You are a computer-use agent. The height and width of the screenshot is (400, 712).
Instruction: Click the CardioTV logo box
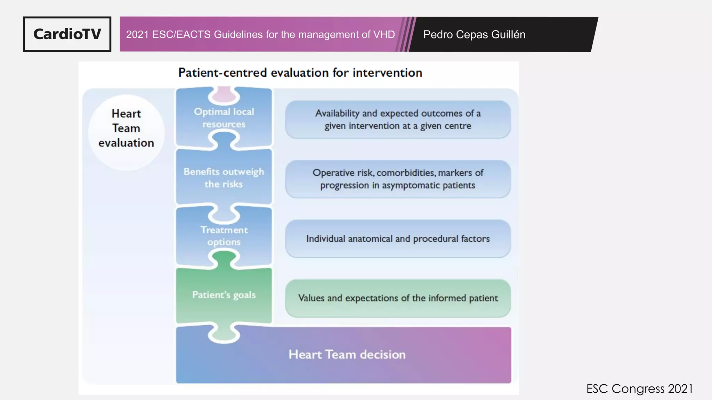pyautogui.click(x=67, y=34)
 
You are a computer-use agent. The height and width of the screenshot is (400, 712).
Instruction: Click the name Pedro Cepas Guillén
pyautogui.click(x=474, y=34)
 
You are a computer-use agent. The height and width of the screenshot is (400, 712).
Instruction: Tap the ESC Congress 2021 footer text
pyautogui.click(x=639, y=389)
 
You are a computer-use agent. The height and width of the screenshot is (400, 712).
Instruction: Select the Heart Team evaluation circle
pyautogui.click(x=126, y=132)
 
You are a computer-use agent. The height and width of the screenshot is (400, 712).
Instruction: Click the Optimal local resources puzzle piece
pyautogui.click(x=224, y=118)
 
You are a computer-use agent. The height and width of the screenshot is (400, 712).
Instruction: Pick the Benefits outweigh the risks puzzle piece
pyautogui.click(x=224, y=177)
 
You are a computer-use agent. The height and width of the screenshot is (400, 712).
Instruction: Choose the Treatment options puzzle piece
pyautogui.click(x=224, y=236)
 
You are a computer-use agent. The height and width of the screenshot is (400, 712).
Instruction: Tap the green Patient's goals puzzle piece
pyautogui.click(x=224, y=295)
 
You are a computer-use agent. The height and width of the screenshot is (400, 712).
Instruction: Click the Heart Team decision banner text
pyautogui.click(x=347, y=355)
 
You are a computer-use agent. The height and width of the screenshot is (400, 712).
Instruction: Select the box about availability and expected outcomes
pyautogui.click(x=398, y=119)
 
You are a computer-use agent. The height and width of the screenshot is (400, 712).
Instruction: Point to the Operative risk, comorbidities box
pyautogui.click(x=398, y=179)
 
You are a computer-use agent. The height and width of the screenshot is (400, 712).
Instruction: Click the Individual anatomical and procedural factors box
pyautogui.click(x=398, y=239)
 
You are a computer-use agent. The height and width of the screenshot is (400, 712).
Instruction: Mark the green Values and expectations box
pyautogui.click(x=398, y=298)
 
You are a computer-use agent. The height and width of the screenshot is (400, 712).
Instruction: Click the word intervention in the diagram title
pyautogui.click(x=387, y=73)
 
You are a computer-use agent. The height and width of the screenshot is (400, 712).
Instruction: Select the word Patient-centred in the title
pyautogui.click(x=222, y=73)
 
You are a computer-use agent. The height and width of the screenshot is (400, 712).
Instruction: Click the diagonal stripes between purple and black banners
pyautogui.click(x=405, y=34)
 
